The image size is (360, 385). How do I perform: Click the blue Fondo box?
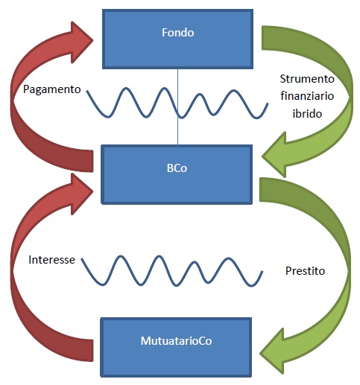[177, 39]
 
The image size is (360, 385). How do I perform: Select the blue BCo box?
[177, 174]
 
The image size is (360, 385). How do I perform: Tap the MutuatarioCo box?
[176, 347]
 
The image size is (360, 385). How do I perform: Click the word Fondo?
[178, 33]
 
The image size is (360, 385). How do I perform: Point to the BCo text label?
[177, 168]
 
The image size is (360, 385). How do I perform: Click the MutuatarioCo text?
[176, 341]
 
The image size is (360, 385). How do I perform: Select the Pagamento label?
[52, 89]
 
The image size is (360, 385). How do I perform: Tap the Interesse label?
[51, 260]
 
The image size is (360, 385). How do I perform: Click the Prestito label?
[305, 271]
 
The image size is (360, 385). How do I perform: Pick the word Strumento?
[307, 79]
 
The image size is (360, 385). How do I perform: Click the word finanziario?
[307, 96]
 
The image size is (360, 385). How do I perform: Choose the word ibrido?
[307, 114]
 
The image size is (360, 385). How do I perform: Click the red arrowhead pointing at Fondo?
[80, 42]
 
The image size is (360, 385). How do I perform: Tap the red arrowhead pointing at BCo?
[80, 194]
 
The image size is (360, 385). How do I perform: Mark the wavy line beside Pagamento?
[177, 103]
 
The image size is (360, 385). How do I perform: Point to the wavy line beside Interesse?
[172, 271]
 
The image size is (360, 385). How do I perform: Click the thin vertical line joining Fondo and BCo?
[177, 107]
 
